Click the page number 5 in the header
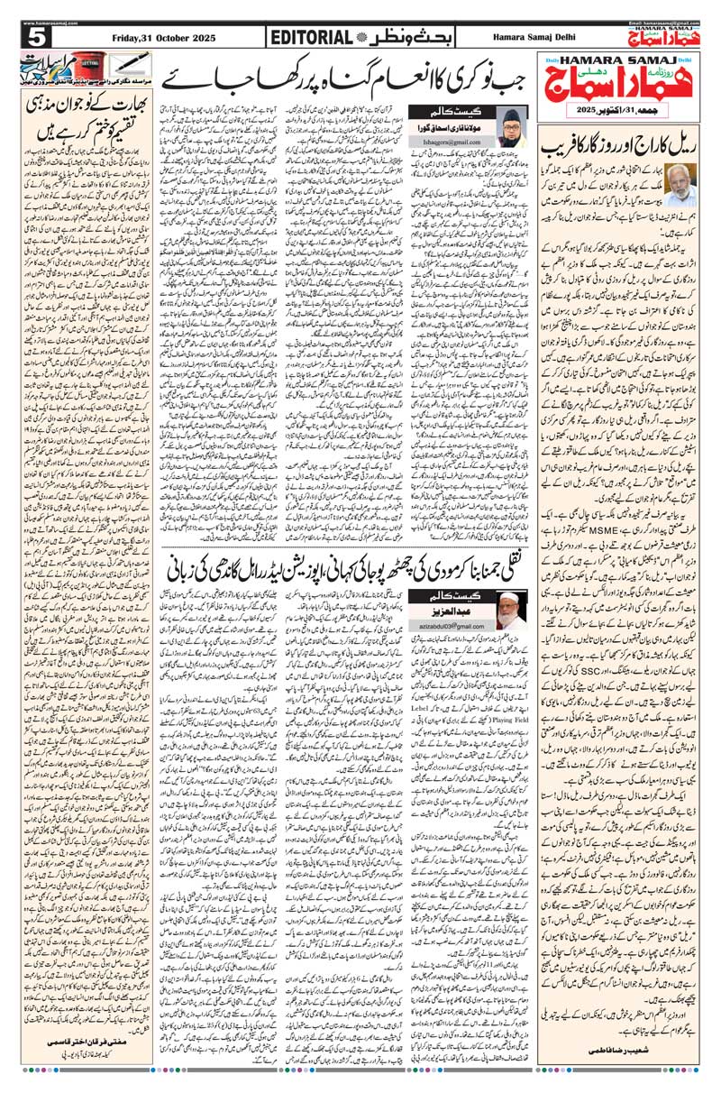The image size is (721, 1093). (36, 37)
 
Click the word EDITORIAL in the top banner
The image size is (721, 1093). (310, 37)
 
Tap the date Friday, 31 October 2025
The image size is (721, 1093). (160, 37)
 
